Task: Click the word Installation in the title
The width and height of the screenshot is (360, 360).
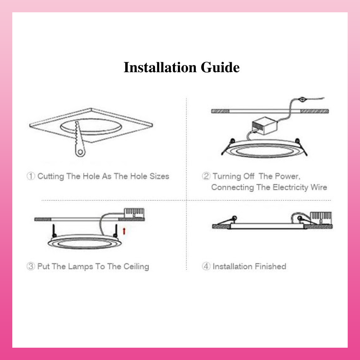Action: pyautogui.click(x=160, y=67)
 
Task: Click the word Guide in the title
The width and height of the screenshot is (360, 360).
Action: pyautogui.click(x=220, y=67)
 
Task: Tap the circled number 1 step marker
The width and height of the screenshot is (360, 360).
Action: pyautogui.click(x=31, y=176)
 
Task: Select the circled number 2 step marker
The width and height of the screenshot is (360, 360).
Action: pyautogui.click(x=206, y=176)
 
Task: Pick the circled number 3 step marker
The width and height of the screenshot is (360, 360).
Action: pyautogui.click(x=31, y=266)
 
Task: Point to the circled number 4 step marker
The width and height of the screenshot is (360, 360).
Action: pyautogui.click(x=206, y=266)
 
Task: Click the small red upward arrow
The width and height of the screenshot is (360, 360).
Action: pyautogui.click(x=124, y=231)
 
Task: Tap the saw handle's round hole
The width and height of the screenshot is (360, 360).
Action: pyautogui.click(x=81, y=152)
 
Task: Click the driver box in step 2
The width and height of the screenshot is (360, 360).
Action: pyautogui.click(x=264, y=126)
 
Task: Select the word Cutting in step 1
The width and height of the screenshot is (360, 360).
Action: pyautogui.click(x=51, y=176)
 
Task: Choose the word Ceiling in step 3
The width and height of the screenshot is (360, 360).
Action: pyautogui.click(x=136, y=267)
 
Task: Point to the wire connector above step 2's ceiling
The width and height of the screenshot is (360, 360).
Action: pyautogui.click(x=302, y=99)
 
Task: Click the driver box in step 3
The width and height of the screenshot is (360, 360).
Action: pyautogui.click(x=134, y=213)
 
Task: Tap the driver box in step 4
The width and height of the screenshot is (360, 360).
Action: pyautogui.click(x=321, y=218)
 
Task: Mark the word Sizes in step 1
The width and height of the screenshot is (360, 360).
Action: pyautogui.click(x=159, y=176)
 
